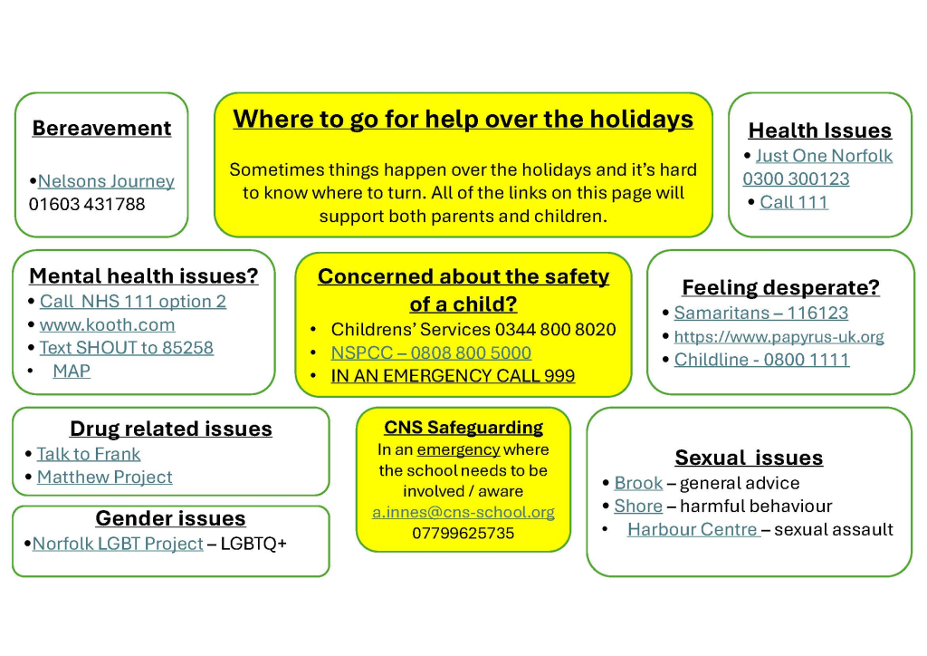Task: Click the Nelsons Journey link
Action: click(x=107, y=181)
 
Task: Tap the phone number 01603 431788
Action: click(x=87, y=204)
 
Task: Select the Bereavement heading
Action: click(x=101, y=129)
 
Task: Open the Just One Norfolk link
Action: click(x=824, y=156)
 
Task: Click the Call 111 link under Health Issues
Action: click(x=794, y=202)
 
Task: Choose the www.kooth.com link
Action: click(x=107, y=324)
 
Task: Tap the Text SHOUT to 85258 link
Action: click(x=127, y=348)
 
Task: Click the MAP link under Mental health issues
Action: click(x=72, y=371)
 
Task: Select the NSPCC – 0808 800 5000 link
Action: click(x=431, y=352)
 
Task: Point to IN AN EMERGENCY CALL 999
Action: click(x=453, y=376)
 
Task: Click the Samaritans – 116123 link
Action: click(x=761, y=313)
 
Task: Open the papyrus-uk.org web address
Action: click(x=779, y=336)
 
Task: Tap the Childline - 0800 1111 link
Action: click(x=762, y=360)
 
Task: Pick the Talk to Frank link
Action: click(x=89, y=454)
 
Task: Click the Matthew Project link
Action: click(x=105, y=477)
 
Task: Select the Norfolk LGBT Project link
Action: click(x=118, y=544)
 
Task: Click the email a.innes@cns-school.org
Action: click(x=463, y=512)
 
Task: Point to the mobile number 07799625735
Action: click(x=463, y=533)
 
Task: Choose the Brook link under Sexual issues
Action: click(x=638, y=483)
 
